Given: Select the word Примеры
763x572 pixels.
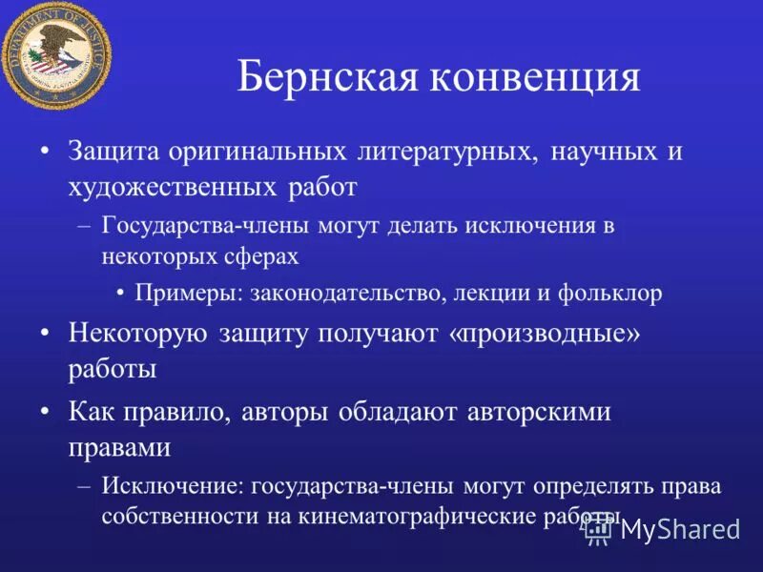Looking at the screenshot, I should pos(186,294).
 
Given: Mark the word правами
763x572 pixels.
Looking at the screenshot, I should pos(119,446).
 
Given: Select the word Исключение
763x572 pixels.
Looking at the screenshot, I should pos(171,486).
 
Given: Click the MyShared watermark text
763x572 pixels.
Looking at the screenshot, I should pos(679,529).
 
